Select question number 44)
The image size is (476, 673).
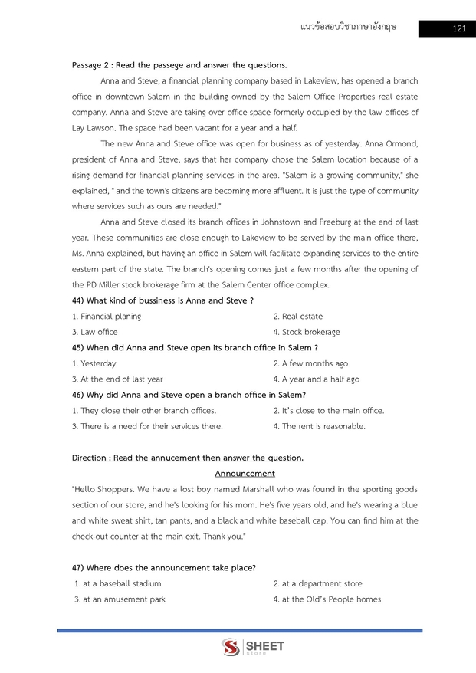80,300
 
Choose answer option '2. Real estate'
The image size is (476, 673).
298,316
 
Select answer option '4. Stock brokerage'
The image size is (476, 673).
307,332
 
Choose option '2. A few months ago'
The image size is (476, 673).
310,363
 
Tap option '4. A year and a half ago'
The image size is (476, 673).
316,379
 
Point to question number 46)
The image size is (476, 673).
80,395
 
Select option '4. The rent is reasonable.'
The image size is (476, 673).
319,426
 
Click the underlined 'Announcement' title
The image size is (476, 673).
245,474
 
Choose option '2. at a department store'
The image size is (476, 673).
317,583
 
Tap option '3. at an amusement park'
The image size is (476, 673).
120,599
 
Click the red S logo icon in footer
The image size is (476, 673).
230,648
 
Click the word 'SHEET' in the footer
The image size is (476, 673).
265,646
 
